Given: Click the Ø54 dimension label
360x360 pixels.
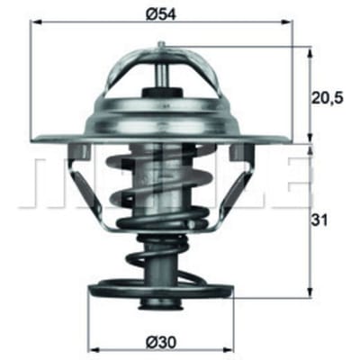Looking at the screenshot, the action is pyautogui.click(x=161, y=13).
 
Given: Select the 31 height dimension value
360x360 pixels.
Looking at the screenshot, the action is pyautogui.click(x=319, y=220).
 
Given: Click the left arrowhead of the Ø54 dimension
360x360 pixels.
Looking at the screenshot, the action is pyautogui.click(x=37, y=22).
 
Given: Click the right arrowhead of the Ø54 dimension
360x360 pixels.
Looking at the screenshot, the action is pyautogui.click(x=285, y=22).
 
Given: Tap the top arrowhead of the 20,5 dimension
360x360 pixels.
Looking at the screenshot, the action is pyautogui.click(x=310, y=52).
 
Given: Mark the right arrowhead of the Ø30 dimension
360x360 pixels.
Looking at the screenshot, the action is pyautogui.click(x=228, y=350).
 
